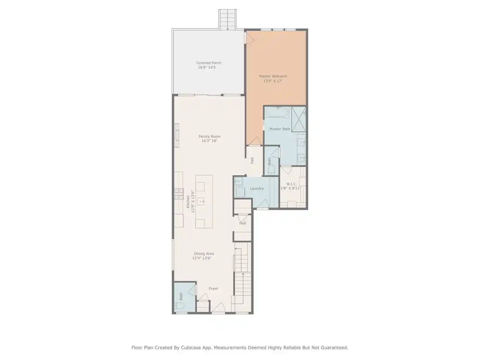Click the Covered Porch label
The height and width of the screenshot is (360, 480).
click(x=208, y=63)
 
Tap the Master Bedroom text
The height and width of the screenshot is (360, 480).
click(x=273, y=76)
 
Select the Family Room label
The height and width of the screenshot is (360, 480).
click(x=210, y=136)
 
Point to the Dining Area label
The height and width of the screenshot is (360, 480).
click(x=204, y=253)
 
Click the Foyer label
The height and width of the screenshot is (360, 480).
click(x=213, y=288)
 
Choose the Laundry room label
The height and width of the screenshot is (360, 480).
click(x=257, y=188)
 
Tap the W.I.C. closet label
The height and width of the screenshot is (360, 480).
click(x=291, y=184)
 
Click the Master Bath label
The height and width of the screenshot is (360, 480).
click(x=280, y=129)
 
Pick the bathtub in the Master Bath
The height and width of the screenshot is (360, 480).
click(x=277, y=112)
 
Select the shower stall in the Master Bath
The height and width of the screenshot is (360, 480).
click(x=299, y=119)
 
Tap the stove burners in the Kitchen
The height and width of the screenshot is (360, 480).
click(x=178, y=194)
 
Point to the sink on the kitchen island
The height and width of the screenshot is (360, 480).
click(x=201, y=201)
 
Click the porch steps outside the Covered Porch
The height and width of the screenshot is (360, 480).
click(x=227, y=19)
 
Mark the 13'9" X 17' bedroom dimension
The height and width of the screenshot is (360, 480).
click(x=273, y=81)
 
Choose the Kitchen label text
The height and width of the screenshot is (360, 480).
click(x=188, y=201)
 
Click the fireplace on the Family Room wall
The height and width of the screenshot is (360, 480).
click(x=177, y=135)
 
